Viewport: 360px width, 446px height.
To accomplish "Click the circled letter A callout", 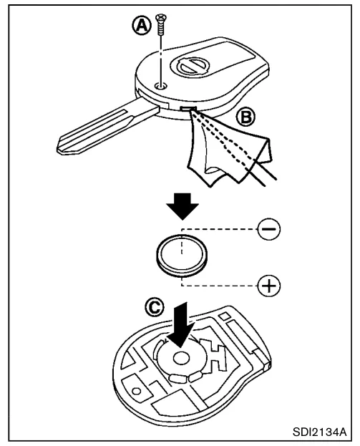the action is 141,25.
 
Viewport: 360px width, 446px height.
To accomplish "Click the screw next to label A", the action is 160,24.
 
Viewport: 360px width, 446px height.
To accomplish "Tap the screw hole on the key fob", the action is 160,85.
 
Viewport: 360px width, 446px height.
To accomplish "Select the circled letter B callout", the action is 245,117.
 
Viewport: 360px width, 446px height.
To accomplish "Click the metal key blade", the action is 107,127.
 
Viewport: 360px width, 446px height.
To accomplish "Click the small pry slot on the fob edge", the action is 188,108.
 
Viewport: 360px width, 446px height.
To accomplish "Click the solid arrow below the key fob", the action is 183,206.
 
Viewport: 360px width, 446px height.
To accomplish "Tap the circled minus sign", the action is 268,229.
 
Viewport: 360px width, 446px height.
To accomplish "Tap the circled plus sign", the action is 268,286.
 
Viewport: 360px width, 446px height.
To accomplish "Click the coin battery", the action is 182,256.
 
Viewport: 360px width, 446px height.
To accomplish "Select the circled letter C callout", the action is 155,307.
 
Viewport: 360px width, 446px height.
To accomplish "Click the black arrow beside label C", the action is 181,324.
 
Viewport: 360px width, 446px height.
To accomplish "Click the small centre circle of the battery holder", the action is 182,359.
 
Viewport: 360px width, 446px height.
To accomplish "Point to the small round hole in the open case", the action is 137,391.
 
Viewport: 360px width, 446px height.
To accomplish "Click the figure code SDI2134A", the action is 320,432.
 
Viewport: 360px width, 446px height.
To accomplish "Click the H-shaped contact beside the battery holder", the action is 213,356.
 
